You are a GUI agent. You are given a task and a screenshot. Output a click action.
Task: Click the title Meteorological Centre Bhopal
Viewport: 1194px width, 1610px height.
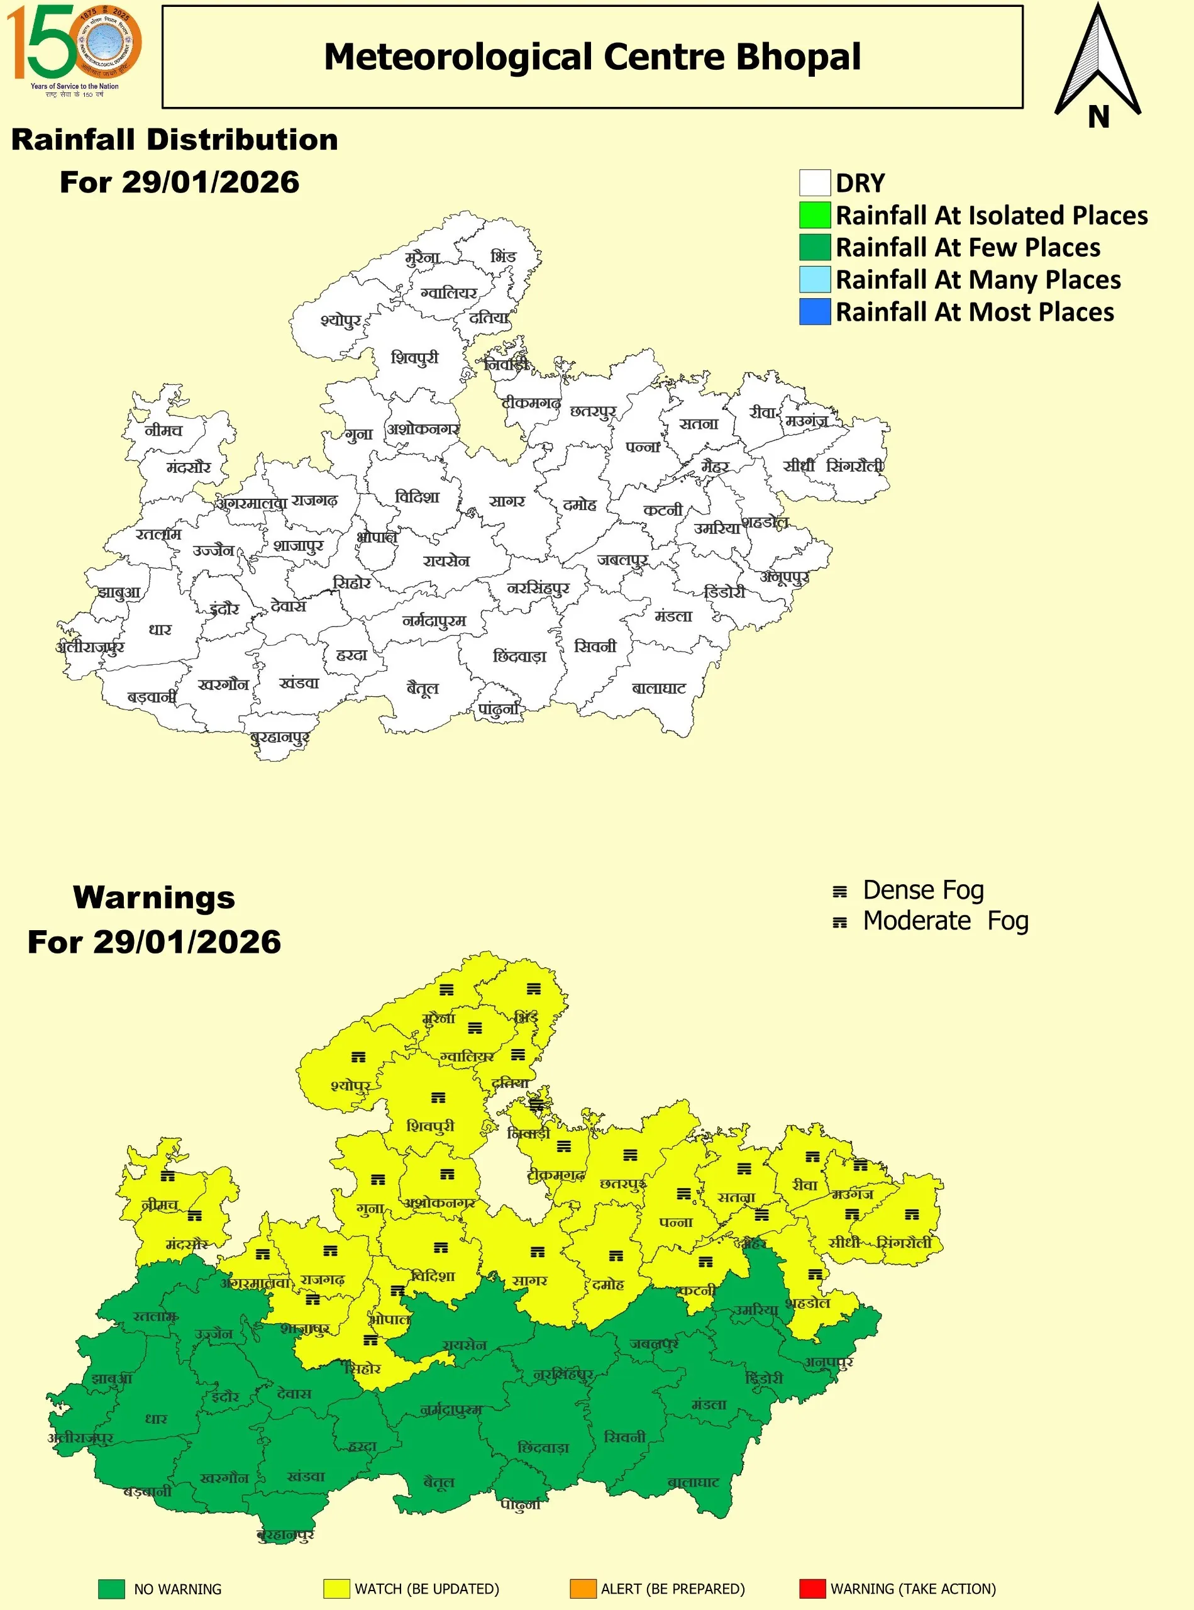[592, 57]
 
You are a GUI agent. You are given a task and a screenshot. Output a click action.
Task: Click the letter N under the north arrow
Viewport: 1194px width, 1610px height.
[1098, 116]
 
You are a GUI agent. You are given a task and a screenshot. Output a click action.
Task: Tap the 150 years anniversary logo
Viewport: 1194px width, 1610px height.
[74, 49]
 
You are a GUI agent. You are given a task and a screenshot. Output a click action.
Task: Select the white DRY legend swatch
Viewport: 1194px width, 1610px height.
[815, 183]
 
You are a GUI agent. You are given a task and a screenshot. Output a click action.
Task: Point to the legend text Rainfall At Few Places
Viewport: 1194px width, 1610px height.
[967, 247]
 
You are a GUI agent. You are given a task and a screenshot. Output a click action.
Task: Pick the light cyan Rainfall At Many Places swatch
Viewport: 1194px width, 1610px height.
[815, 279]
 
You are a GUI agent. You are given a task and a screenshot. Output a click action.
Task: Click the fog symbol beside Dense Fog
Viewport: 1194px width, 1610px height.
[839, 891]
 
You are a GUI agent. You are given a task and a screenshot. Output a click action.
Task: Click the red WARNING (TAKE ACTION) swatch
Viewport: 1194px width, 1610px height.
[812, 1589]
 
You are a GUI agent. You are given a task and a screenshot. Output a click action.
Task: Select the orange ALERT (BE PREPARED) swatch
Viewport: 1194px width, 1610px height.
[583, 1589]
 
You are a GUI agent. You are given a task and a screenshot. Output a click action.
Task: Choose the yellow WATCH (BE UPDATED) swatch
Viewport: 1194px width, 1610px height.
[337, 1589]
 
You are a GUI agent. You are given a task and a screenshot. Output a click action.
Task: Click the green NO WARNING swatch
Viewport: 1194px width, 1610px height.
[111, 1589]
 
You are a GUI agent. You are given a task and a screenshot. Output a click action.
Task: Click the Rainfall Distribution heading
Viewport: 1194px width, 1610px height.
[175, 140]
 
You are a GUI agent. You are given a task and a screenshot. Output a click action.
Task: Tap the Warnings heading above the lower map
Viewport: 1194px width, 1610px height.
[154, 897]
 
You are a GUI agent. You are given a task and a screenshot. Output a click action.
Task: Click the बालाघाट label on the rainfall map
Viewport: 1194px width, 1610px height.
[658, 688]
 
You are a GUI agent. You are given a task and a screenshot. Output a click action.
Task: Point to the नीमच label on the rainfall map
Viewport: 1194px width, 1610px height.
[163, 430]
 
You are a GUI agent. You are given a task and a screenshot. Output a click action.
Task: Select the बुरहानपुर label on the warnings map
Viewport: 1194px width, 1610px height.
[285, 1535]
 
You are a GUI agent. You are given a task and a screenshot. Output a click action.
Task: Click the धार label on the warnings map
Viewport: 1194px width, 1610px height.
[156, 1418]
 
